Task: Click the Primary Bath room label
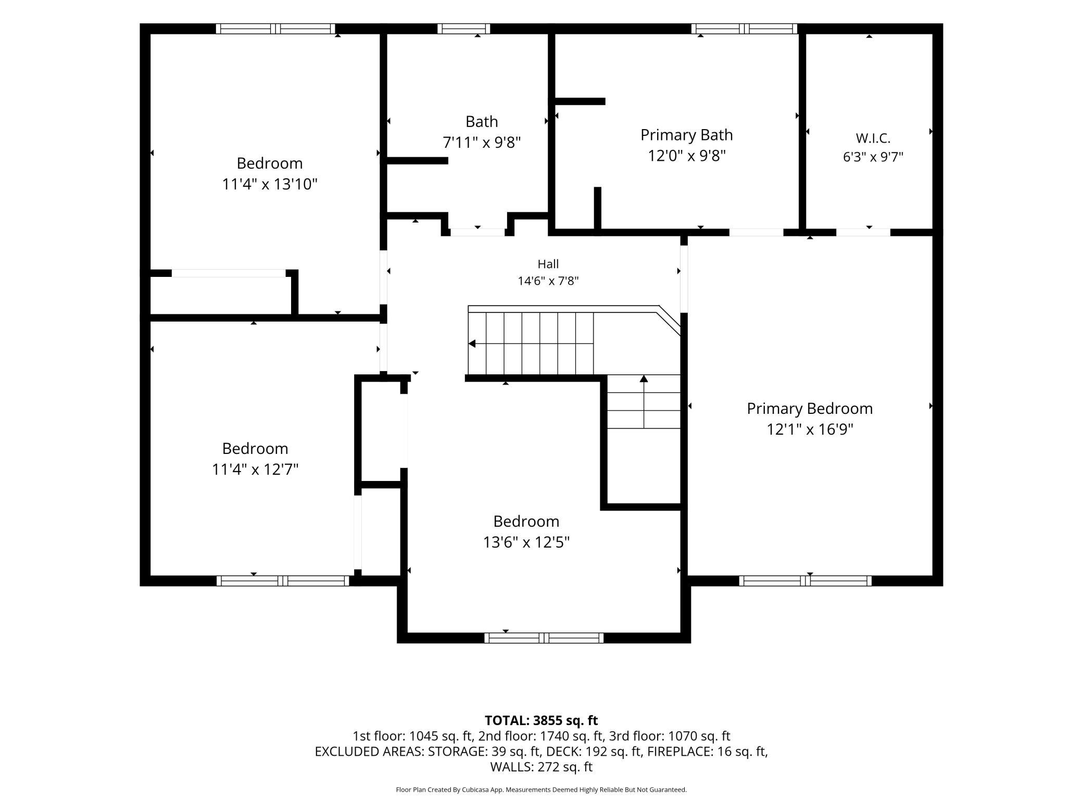point(686,135)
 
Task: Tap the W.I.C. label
point(873,138)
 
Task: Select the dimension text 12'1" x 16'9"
point(810,429)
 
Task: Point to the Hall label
point(548,264)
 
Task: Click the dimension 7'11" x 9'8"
point(482,142)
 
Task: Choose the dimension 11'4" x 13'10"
point(270,184)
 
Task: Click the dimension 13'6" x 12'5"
point(526,542)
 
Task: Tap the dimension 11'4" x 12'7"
point(255,470)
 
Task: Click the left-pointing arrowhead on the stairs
point(472,344)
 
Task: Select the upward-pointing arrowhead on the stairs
point(644,378)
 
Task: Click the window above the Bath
point(463,29)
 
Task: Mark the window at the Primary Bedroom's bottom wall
point(805,581)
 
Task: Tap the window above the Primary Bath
point(745,29)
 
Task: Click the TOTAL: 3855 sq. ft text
point(541,720)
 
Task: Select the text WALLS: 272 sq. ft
point(541,767)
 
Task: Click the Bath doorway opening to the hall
point(477,232)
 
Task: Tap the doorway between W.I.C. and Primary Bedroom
point(863,232)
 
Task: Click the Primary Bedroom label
point(810,409)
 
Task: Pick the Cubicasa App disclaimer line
point(541,790)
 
